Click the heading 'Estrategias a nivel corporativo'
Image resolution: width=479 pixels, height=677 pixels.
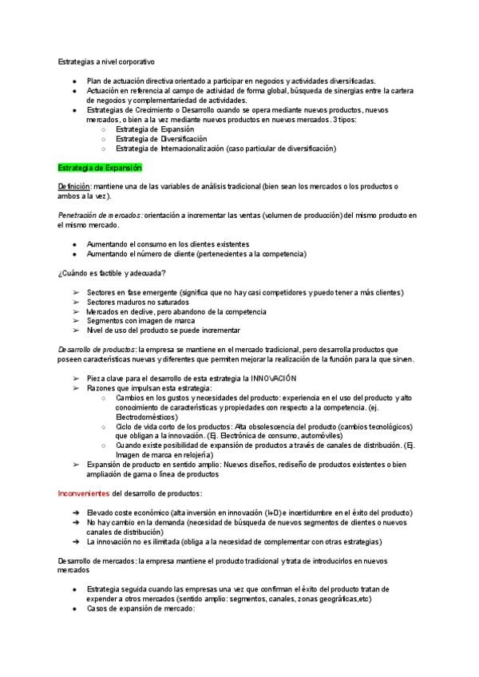pos(107,61)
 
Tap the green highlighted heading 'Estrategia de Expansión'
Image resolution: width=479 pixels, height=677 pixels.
pos(100,168)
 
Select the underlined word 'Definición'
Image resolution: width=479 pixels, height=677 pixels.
pos(74,186)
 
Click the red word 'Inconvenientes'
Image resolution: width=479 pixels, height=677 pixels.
pos(84,493)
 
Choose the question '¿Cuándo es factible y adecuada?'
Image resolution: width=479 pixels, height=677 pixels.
pos(111,274)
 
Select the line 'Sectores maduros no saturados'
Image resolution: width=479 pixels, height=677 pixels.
pos(137,302)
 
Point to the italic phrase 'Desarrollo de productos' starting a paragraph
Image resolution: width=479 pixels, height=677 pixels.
pos(97,349)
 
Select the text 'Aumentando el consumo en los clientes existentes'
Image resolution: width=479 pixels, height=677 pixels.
pos(168,243)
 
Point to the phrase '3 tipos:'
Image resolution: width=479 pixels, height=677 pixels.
pos(344,119)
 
